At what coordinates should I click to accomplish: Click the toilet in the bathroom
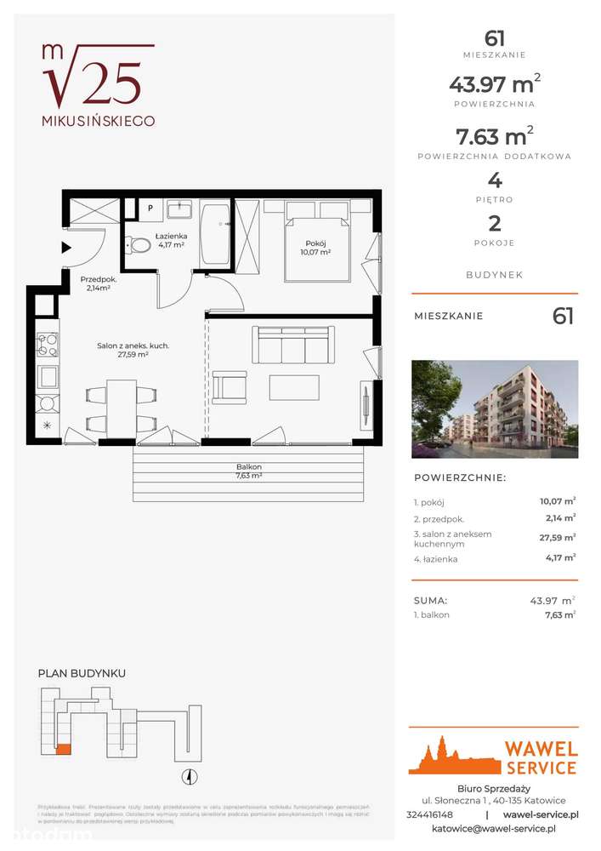[138, 245]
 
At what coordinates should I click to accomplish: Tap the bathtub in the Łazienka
[214, 234]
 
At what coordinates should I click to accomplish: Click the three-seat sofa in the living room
[290, 346]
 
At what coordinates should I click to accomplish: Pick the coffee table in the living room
[294, 387]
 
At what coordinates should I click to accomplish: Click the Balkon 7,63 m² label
[248, 471]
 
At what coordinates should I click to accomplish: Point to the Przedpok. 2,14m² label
[99, 283]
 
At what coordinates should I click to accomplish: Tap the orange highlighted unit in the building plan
[63, 750]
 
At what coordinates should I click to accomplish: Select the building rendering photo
[495, 403]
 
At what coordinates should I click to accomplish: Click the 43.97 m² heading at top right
[494, 83]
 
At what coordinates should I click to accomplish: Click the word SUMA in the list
[430, 600]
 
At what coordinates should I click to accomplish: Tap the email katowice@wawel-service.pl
[494, 828]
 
